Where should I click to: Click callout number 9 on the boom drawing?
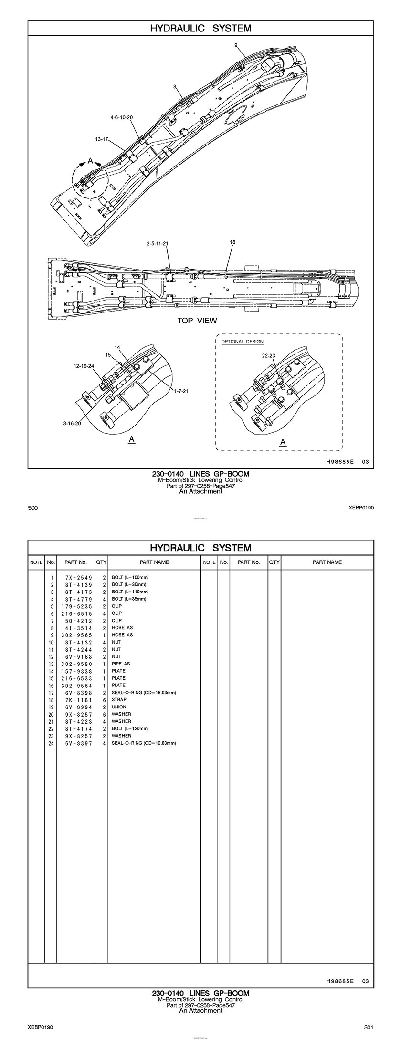236,45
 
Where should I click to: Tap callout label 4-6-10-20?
121,117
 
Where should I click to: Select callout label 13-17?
103,139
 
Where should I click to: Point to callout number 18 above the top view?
232,242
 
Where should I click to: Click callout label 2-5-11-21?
158,243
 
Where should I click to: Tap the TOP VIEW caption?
197,321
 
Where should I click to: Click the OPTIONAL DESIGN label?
242,342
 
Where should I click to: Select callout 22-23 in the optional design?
269,356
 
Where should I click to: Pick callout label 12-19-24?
84,366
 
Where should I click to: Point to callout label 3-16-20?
72,423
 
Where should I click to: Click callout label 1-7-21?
181,391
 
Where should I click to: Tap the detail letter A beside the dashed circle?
90,161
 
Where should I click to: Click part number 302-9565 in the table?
76,635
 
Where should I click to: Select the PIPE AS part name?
121,664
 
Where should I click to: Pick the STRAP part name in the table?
119,699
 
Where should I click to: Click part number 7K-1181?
76,699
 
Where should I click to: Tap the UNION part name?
119,707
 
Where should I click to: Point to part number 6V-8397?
76,743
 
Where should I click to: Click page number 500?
33,508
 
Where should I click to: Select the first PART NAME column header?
154,562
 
